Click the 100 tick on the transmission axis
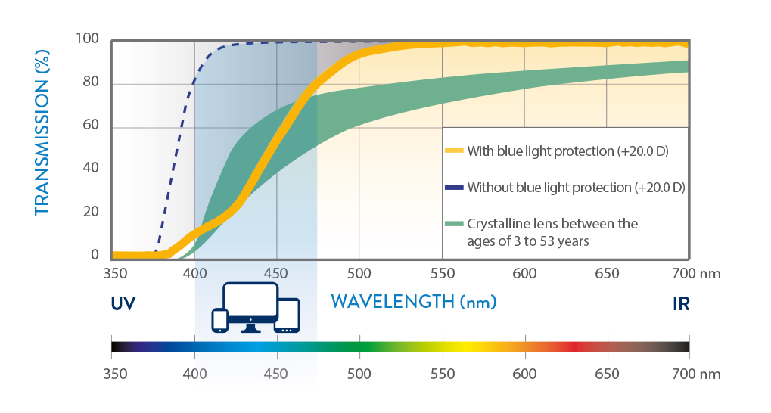[87, 39]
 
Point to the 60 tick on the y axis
[91, 125]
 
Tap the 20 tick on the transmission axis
[91, 212]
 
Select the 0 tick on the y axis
[95, 255]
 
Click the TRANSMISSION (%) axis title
[42, 133]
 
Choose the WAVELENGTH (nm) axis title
[414, 301]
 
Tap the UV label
[123, 304]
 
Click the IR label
[681, 304]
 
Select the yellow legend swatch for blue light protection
[454, 151]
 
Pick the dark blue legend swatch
[454, 188]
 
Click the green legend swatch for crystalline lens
[454, 224]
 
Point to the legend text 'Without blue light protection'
[549, 188]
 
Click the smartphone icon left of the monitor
[219, 320]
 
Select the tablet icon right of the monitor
[288, 315]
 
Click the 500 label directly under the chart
[359, 273]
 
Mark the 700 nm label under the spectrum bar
[696, 374]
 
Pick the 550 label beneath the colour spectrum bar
[443, 374]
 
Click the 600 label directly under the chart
[524, 273]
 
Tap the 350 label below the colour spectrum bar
[116, 374]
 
